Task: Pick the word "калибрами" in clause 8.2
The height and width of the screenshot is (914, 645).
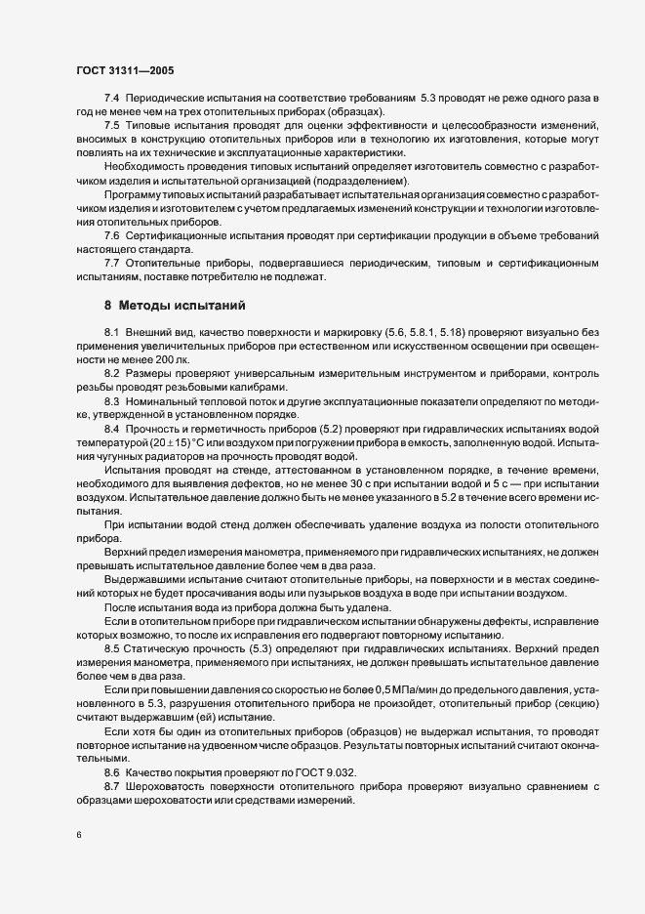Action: pos(258,388)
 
